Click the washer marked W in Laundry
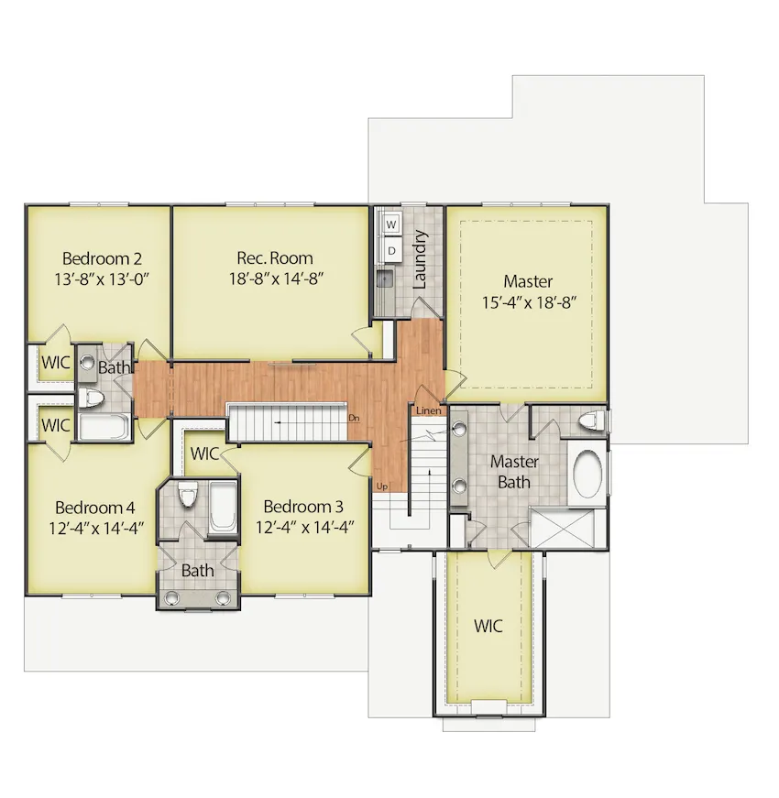click(x=391, y=224)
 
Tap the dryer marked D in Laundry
click(x=391, y=250)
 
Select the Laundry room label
click(x=420, y=259)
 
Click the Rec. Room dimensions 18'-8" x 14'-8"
click(x=277, y=279)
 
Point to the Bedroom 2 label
click(x=102, y=258)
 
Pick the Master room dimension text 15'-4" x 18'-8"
click(x=529, y=302)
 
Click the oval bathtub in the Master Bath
click(x=587, y=474)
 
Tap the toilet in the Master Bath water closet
click(x=590, y=421)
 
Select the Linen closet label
click(x=429, y=410)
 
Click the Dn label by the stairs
click(x=355, y=419)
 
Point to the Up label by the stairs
click(x=382, y=486)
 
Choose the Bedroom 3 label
click(x=303, y=507)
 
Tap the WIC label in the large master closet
click(x=488, y=626)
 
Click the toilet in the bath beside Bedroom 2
click(x=91, y=398)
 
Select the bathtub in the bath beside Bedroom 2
click(x=104, y=426)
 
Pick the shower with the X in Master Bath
click(x=562, y=528)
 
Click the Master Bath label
click(x=514, y=472)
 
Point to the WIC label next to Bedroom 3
click(x=204, y=454)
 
